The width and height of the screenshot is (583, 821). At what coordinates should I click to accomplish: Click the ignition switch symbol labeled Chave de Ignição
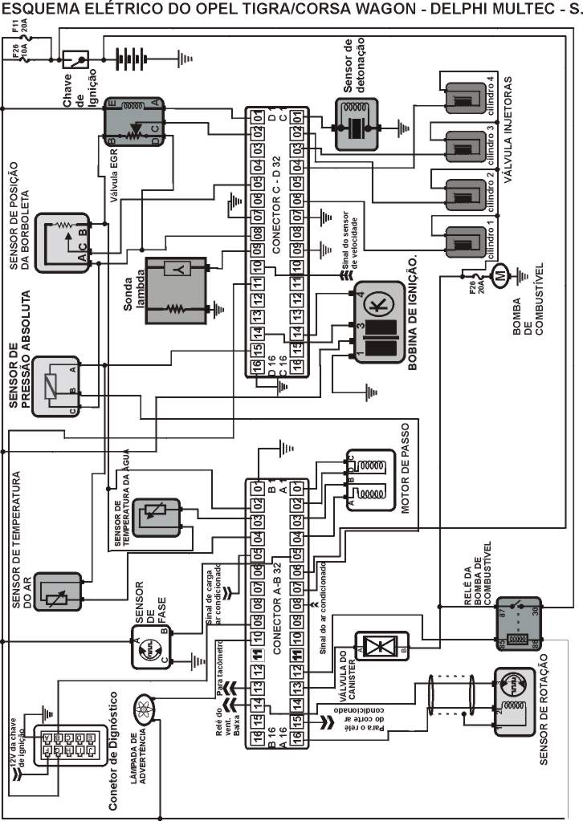78,60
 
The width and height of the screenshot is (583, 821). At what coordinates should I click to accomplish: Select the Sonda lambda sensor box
175,290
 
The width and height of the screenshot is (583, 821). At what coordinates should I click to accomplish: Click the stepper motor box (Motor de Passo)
366,481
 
